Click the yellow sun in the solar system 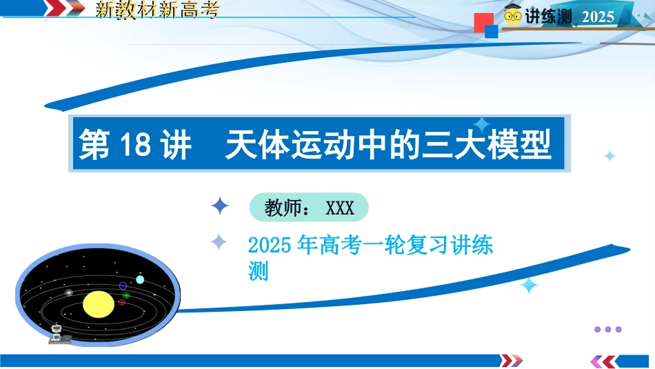(x=99, y=304)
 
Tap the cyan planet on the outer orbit (x=140, y=279)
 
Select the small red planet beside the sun (x=122, y=302)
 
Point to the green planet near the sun (x=125, y=295)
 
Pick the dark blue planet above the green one (x=123, y=286)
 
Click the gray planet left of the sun (x=69, y=292)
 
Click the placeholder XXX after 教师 (x=340, y=208)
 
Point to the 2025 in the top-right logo (x=598, y=17)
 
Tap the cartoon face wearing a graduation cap (x=512, y=14)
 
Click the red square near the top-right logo (x=483, y=23)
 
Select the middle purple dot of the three (x=608, y=329)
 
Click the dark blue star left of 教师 (x=220, y=206)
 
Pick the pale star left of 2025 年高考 (x=219, y=242)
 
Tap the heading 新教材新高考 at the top (x=157, y=10)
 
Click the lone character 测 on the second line (x=258, y=271)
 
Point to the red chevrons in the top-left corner (x=64, y=8)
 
